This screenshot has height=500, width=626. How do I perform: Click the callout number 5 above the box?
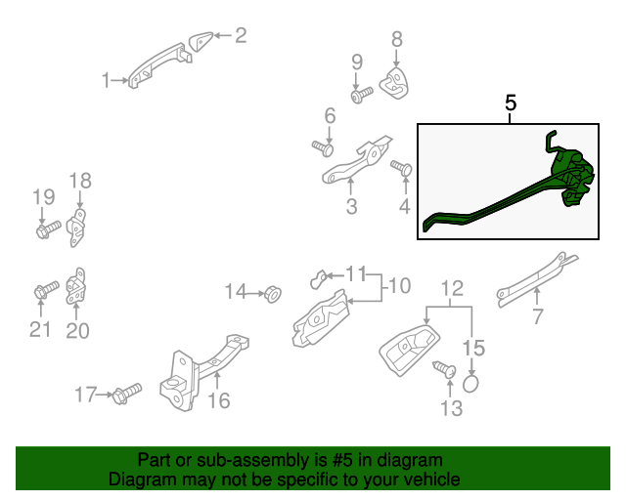pyautogui.click(x=511, y=103)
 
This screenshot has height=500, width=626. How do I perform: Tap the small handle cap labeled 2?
pyautogui.click(x=200, y=41)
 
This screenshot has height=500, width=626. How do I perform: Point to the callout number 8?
pyautogui.click(x=396, y=39)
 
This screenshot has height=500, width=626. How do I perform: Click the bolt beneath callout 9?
pyautogui.click(x=361, y=96)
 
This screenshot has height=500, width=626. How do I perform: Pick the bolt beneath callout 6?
pyautogui.click(x=323, y=148)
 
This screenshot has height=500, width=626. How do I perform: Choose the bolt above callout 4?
pyautogui.click(x=401, y=167)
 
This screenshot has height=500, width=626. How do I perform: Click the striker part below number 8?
pyautogui.click(x=394, y=83)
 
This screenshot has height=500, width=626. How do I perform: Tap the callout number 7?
pyautogui.click(x=538, y=316)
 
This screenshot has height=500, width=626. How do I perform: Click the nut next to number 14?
pyautogui.click(x=273, y=294)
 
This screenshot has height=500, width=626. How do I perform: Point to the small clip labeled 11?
pyautogui.click(x=318, y=278)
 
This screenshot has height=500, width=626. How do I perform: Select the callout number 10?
pyautogui.click(x=400, y=286)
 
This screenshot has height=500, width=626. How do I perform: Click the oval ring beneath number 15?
pyautogui.click(x=470, y=383)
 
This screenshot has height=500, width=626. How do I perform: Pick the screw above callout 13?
pyautogui.click(x=445, y=369)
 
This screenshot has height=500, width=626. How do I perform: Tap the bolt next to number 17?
pyautogui.click(x=127, y=394)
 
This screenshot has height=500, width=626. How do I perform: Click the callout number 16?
pyautogui.click(x=219, y=400)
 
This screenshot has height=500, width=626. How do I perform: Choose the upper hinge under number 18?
pyautogui.click(x=76, y=228)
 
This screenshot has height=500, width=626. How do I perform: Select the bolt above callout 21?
pyautogui.click(x=46, y=290)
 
